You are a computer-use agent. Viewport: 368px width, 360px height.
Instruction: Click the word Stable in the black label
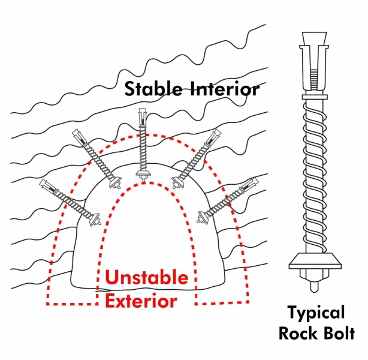click(x=154, y=89)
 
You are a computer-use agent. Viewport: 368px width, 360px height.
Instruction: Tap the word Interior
click(x=226, y=89)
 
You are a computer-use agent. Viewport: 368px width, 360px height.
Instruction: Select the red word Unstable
click(x=146, y=278)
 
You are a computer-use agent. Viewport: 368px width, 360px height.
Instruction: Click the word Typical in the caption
click(x=316, y=313)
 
